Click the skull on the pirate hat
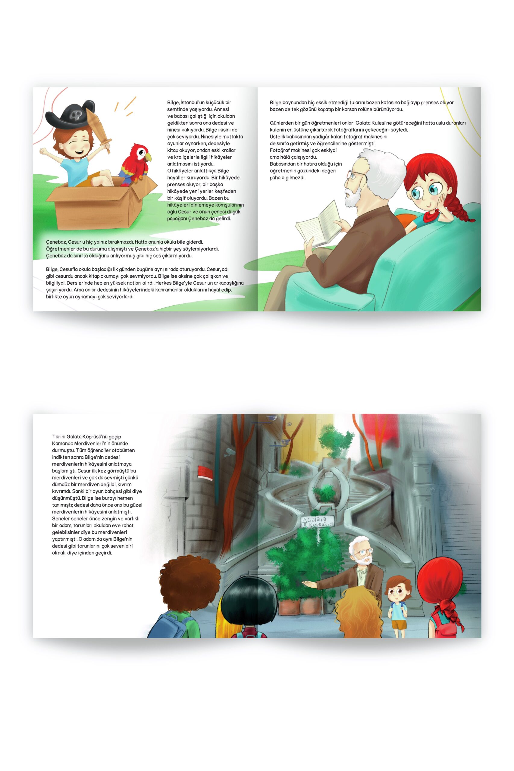(75, 114)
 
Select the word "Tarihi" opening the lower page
(59, 436)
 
